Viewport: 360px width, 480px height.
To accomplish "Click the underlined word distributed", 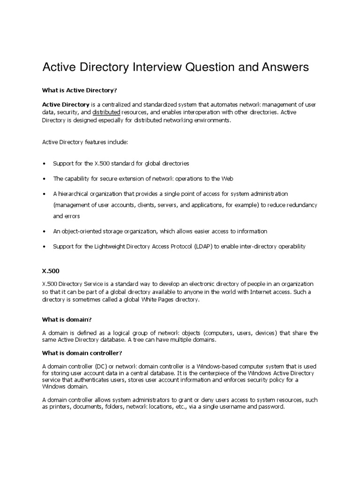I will [106, 113].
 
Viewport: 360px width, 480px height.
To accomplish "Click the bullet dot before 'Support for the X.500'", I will [44, 164].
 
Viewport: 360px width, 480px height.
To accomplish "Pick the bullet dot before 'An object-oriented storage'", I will [44, 232].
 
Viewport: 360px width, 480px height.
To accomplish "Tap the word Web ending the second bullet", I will [227, 179].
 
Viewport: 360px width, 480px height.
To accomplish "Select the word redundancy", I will [303, 205].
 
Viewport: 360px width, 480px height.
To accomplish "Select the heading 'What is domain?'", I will [67, 319].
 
